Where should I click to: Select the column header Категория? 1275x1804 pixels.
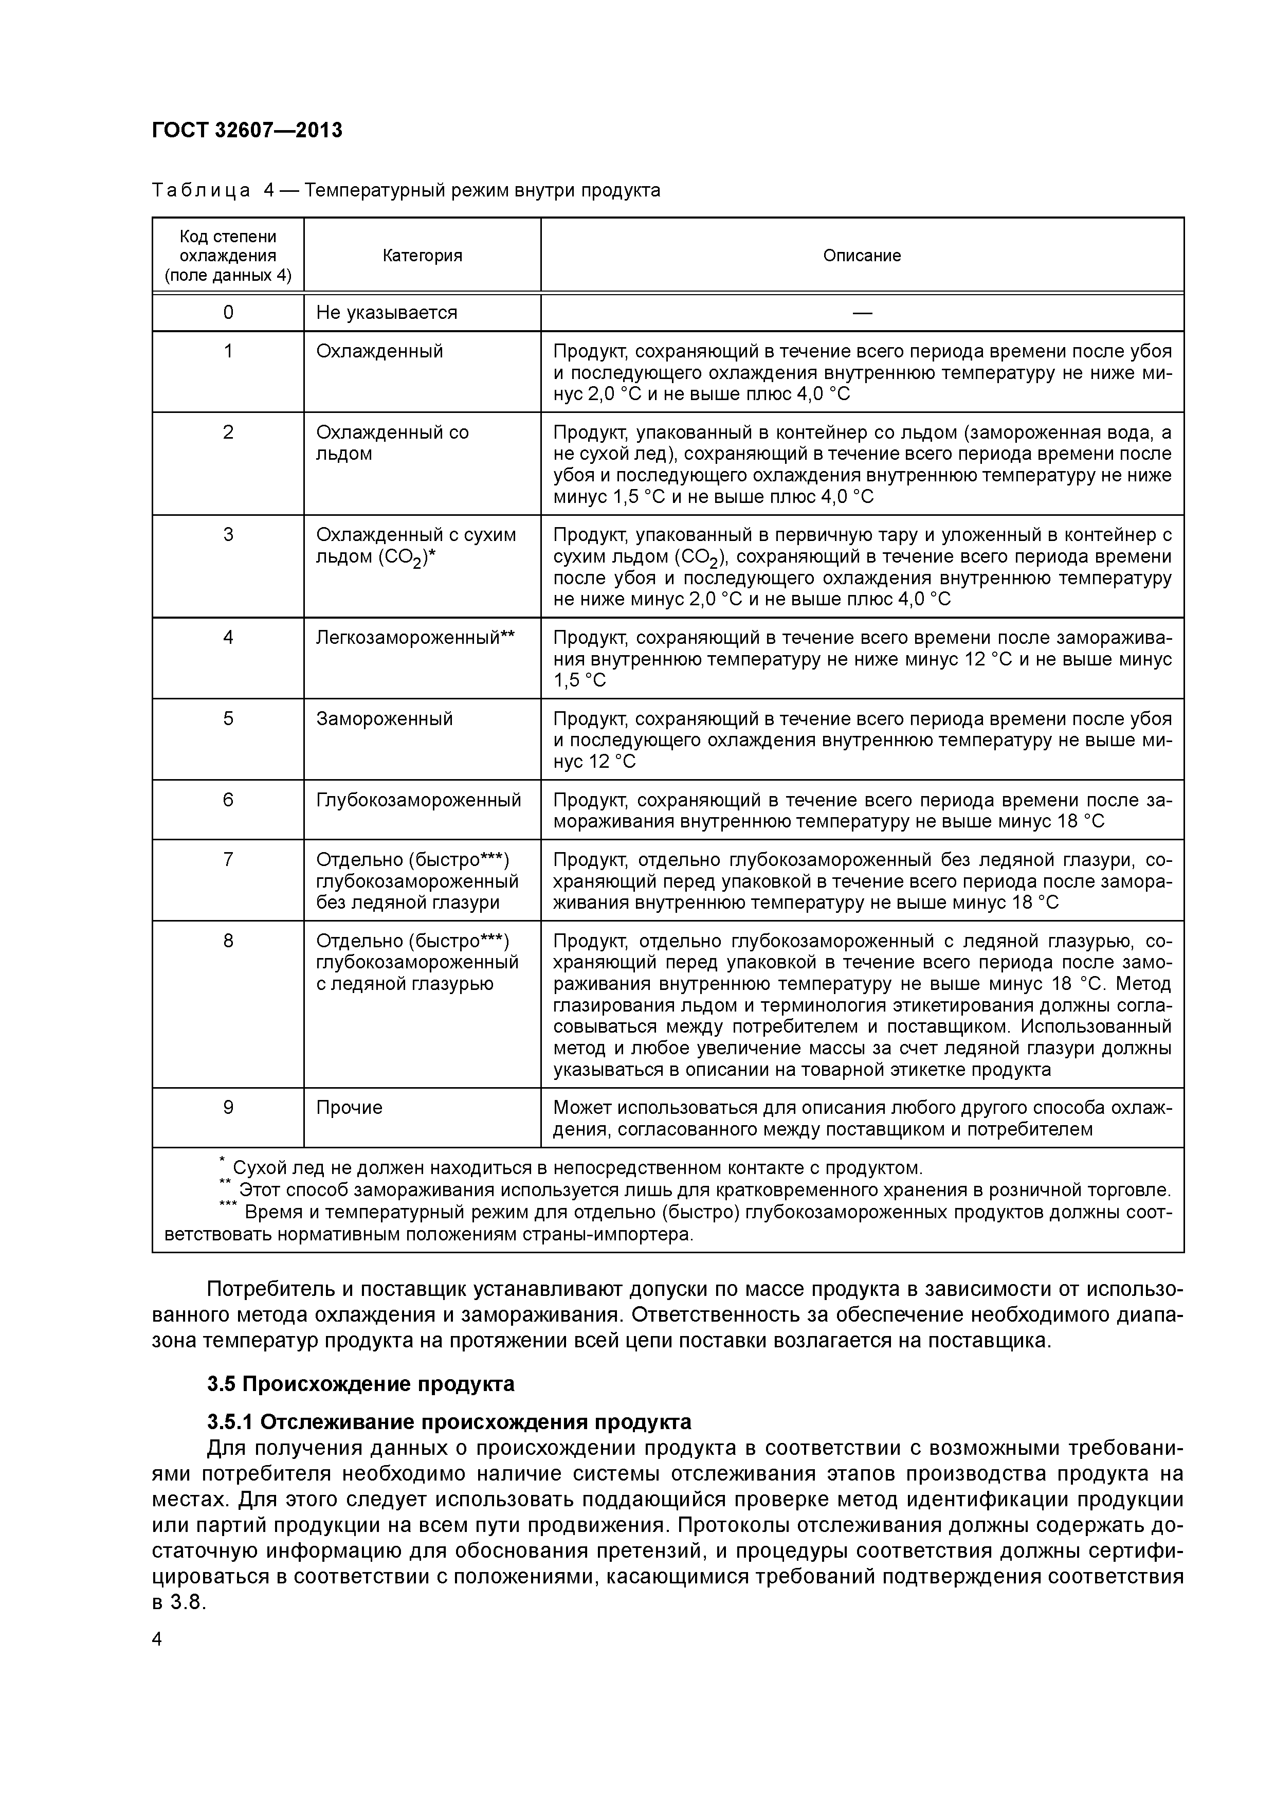click(x=422, y=256)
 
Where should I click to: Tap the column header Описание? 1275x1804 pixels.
click(x=862, y=256)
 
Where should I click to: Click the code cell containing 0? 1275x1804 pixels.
click(x=228, y=313)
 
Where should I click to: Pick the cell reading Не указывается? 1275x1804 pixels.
click(x=387, y=313)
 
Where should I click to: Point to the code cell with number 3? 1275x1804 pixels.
click(x=228, y=535)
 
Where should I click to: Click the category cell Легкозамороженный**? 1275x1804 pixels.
click(x=415, y=637)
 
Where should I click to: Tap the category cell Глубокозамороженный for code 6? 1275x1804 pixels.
click(x=418, y=800)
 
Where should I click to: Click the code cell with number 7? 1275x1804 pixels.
click(x=228, y=859)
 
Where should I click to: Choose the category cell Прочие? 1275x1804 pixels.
click(x=349, y=1107)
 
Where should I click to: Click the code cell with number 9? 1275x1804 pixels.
click(x=228, y=1107)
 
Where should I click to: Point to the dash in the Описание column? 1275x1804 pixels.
click(x=862, y=313)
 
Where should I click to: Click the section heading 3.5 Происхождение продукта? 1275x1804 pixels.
click(x=360, y=1384)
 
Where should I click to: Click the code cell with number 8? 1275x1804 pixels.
click(x=228, y=941)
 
